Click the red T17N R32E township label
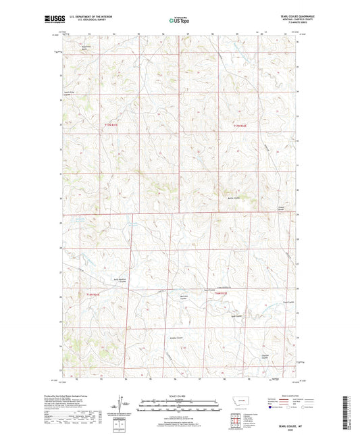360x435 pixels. tap(240, 125)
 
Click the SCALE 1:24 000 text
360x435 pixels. tap(179, 396)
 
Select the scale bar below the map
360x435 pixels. tap(179, 407)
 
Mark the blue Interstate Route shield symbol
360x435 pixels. tap(272, 407)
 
